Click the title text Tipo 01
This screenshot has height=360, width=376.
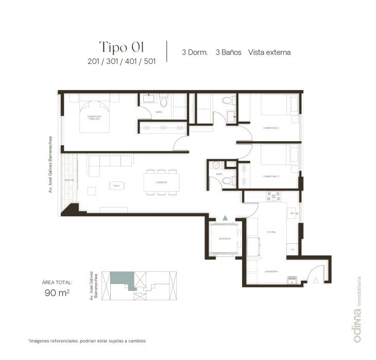click(x=121, y=47)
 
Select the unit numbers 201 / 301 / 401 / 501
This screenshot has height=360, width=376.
click(x=122, y=61)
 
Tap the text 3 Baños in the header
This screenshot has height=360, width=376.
click(x=228, y=52)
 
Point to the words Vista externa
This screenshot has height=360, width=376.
click(x=269, y=52)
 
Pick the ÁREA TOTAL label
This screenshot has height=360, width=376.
click(x=57, y=282)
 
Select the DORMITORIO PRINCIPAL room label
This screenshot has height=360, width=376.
click(x=94, y=118)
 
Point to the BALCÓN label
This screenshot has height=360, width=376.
click(x=69, y=180)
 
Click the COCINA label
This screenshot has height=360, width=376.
click(x=271, y=232)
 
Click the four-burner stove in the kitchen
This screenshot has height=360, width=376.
click(x=272, y=196)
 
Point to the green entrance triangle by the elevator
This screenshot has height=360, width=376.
click(x=225, y=218)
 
